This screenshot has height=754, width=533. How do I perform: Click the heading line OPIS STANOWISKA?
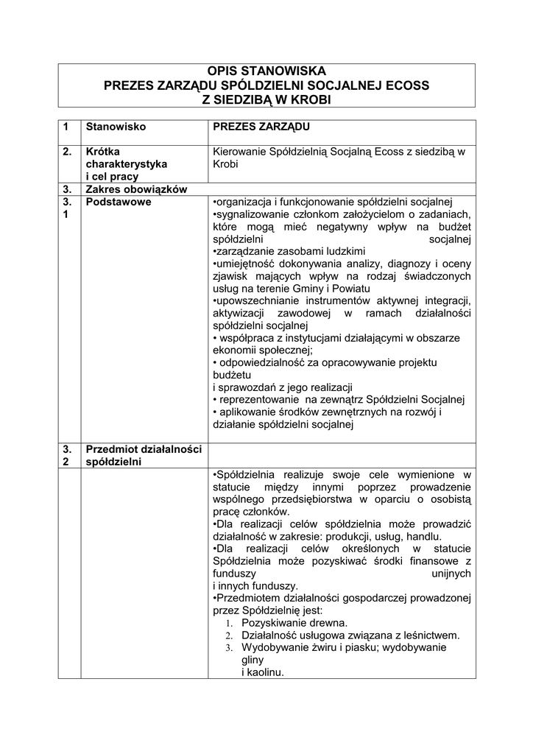[x=266, y=71]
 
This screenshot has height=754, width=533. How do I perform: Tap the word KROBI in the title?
[x=308, y=99]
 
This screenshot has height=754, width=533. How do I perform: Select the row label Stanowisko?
[x=116, y=127]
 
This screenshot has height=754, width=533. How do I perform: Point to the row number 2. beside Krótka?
[x=67, y=151]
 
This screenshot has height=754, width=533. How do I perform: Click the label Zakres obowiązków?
[x=136, y=189]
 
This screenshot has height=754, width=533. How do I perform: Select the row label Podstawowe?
[x=119, y=202]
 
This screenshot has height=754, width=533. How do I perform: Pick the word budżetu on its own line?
[x=231, y=375]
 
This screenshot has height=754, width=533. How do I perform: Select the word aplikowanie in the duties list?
[x=250, y=412]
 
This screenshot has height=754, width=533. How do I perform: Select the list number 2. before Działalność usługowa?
[x=229, y=635]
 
